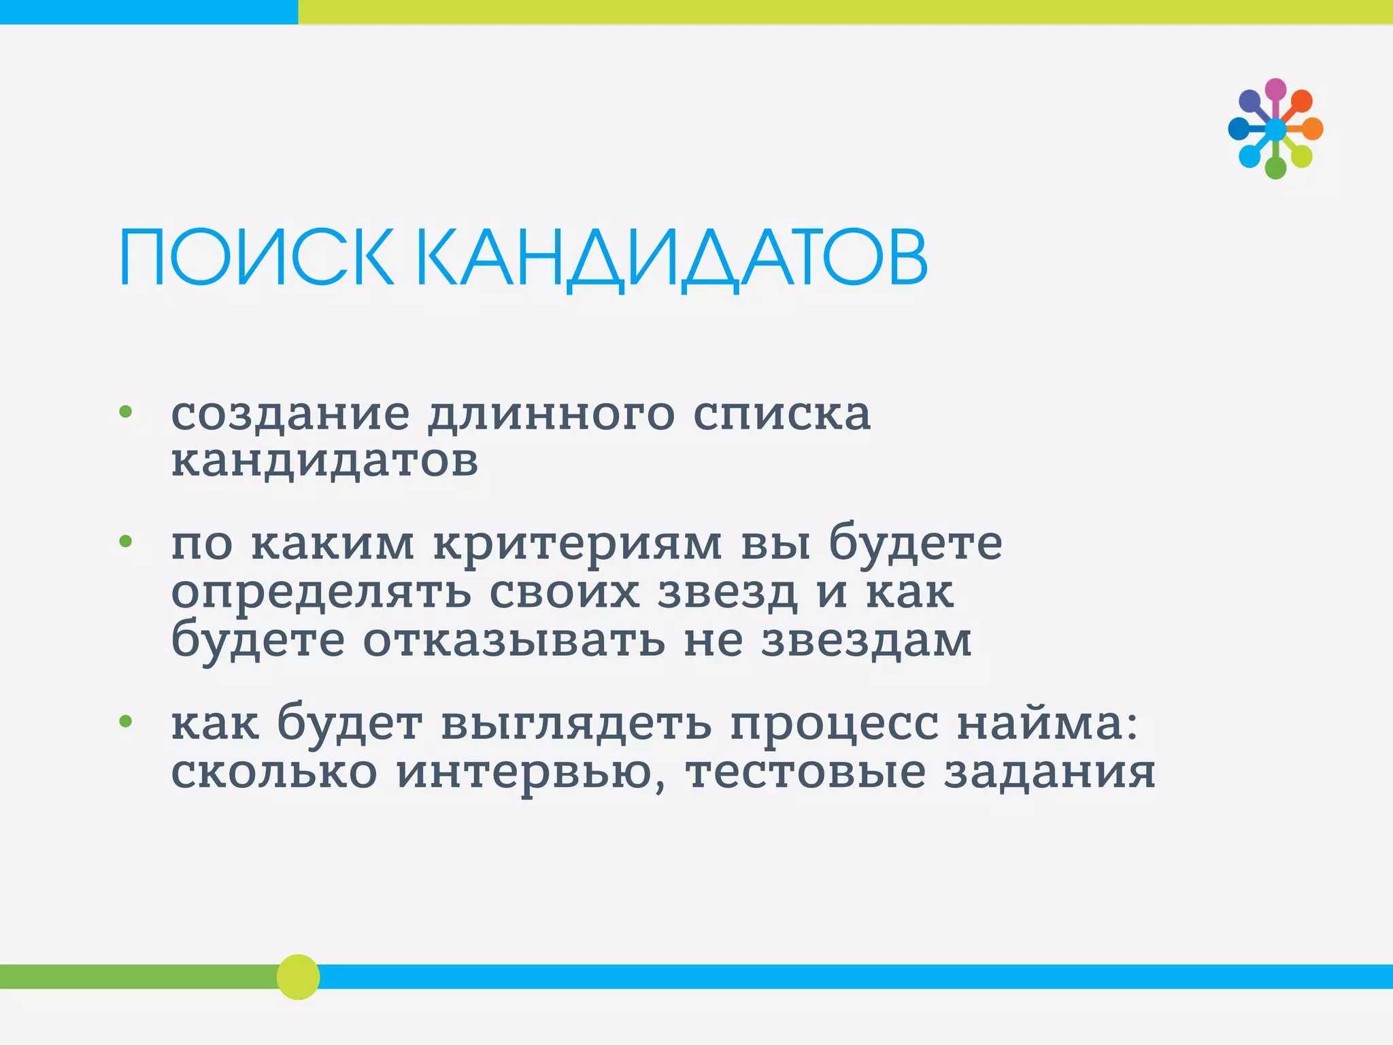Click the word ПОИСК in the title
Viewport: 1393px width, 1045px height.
[256, 259]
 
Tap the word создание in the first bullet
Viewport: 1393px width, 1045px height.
[290, 413]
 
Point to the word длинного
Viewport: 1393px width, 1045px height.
[551, 414]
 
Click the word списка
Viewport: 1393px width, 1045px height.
[782, 414]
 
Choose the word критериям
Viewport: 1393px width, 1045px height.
[577, 545]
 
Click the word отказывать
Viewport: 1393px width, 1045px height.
[514, 640]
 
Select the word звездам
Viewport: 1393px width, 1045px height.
[867, 640]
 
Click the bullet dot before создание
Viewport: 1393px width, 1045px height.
[125, 411]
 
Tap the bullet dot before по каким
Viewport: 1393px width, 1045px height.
[125, 542]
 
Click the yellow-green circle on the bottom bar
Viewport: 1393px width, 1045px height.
[298, 976]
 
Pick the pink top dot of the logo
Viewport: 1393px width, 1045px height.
[1275, 89]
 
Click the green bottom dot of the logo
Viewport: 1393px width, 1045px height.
[1275, 168]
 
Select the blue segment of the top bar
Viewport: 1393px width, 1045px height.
[148, 12]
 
